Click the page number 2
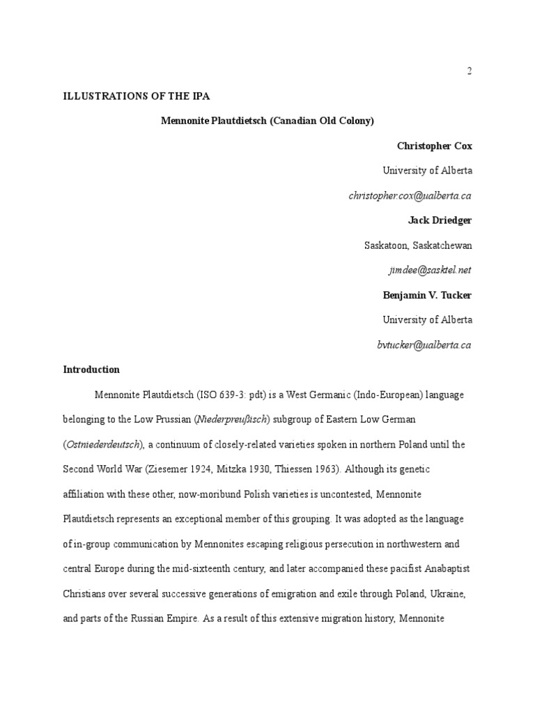pyautogui.click(x=470, y=71)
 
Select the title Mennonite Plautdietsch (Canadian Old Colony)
pyautogui.click(x=267, y=121)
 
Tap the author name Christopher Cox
pyautogui.click(x=434, y=146)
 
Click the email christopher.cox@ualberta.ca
pyautogui.click(x=410, y=196)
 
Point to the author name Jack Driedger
pyautogui.click(x=440, y=220)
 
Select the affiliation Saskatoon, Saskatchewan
pyautogui.click(x=418, y=245)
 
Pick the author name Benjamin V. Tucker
pyautogui.click(x=427, y=295)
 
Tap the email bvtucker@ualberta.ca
pyautogui.click(x=425, y=344)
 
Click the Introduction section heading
pyautogui.click(x=91, y=370)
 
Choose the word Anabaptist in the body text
pyautogui.click(x=448, y=569)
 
